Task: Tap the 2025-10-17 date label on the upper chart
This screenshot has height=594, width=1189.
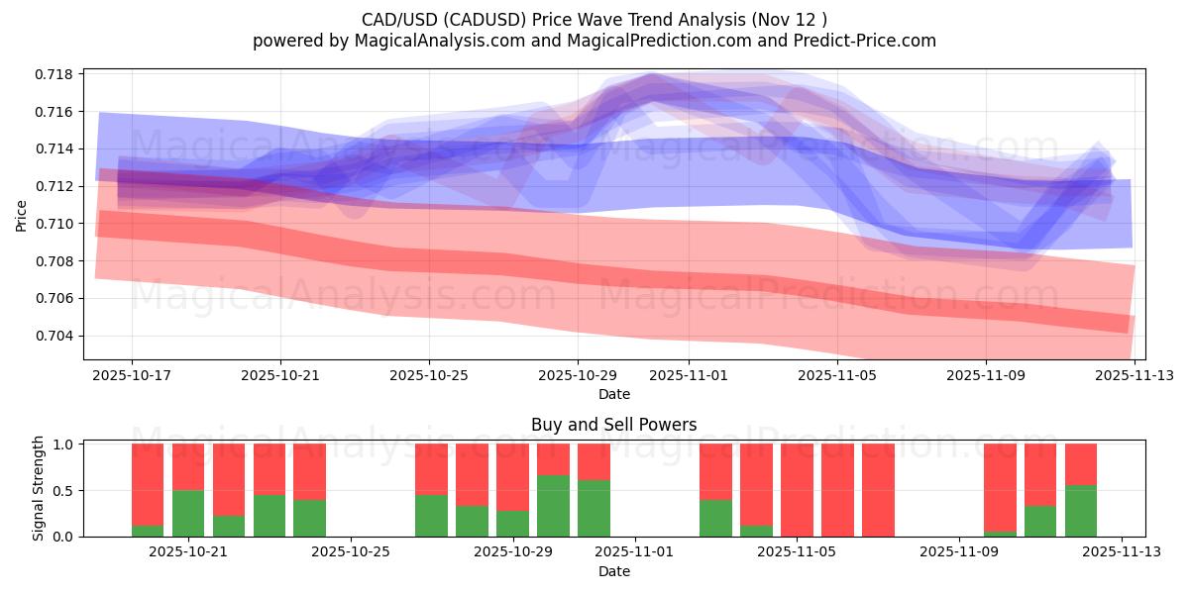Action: (x=132, y=376)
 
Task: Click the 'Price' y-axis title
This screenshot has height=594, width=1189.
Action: (x=22, y=214)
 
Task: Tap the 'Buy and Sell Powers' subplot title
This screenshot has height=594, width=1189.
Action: (x=613, y=425)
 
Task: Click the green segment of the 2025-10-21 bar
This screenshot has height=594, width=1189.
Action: (x=188, y=513)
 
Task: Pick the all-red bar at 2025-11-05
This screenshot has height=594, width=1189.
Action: (x=797, y=490)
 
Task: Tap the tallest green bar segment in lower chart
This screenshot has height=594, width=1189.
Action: (x=553, y=506)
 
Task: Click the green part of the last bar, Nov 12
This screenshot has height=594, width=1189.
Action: (x=1081, y=511)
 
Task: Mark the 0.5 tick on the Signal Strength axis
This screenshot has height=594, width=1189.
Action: (x=63, y=491)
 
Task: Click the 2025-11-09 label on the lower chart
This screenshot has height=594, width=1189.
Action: (x=959, y=552)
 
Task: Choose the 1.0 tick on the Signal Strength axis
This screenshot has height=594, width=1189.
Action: (x=63, y=445)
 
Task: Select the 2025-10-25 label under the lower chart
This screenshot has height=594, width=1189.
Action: (x=351, y=552)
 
